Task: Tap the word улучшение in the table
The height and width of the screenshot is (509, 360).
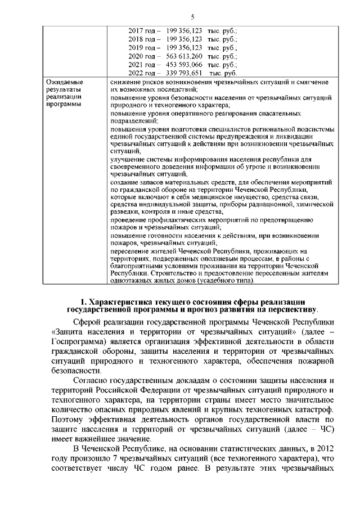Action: (x=127, y=159)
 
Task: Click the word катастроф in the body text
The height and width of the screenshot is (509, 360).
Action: (x=316, y=408)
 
